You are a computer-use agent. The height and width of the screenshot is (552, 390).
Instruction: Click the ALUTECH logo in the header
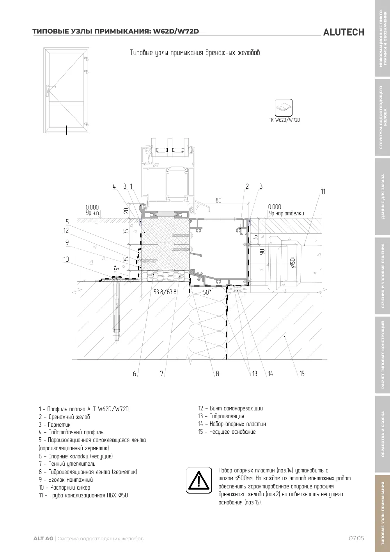click(x=344, y=32)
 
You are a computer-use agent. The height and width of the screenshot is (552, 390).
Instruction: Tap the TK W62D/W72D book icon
click(x=284, y=107)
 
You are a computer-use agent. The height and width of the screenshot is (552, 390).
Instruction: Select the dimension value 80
click(x=218, y=200)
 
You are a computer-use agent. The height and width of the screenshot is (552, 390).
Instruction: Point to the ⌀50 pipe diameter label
click(x=292, y=263)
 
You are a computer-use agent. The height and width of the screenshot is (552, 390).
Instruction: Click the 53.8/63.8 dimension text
click(x=165, y=292)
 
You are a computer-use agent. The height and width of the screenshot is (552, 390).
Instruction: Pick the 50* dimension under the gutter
click(x=207, y=292)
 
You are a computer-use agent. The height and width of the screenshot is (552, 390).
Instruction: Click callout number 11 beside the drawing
click(x=323, y=192)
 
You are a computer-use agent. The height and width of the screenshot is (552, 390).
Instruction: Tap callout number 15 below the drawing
click(x=302, y=374)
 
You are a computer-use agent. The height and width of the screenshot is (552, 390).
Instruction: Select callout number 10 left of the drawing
click(x=66, y=259)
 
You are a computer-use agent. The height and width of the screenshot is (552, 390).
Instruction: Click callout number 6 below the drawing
click(x=135, y=374)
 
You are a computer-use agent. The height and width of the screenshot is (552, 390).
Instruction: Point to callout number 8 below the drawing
click(x=217, y=374)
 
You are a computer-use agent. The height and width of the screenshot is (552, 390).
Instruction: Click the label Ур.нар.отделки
click(x=286, y=213)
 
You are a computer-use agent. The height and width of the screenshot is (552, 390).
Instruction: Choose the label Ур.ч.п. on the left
click(x=93, y=213)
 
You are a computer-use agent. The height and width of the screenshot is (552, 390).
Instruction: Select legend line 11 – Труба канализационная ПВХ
click(x=83, y=495)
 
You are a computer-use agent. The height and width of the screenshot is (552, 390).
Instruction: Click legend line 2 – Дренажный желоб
click(x=64, y=417)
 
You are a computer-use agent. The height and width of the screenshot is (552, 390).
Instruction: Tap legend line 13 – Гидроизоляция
click(x=221, y=416)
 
